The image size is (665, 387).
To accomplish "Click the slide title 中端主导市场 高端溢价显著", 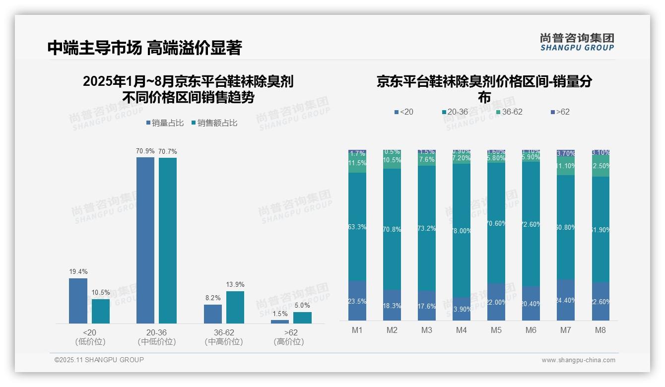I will tap(144, 48).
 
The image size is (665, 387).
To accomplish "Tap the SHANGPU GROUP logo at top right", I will tap(577, 42).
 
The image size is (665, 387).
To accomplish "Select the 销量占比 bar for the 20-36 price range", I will tap(145, 240).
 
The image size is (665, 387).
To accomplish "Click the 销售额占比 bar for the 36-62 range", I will tap(235, 307).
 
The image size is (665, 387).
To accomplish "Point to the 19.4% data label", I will tap(78, 271).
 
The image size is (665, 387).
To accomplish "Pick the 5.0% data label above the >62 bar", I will tap(302, 305).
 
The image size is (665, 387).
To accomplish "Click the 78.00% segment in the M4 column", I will tap(462, 231).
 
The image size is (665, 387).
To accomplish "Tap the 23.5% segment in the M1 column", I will tap(357, 301).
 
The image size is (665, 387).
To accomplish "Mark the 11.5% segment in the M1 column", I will tap(357, 163).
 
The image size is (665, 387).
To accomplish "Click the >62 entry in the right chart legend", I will tap(560, 112).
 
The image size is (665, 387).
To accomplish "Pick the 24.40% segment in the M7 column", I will tap(566, 300).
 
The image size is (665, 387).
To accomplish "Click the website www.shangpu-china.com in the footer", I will tap(578, 360).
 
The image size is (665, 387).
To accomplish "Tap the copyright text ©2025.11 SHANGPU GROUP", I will tap(99, 360).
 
